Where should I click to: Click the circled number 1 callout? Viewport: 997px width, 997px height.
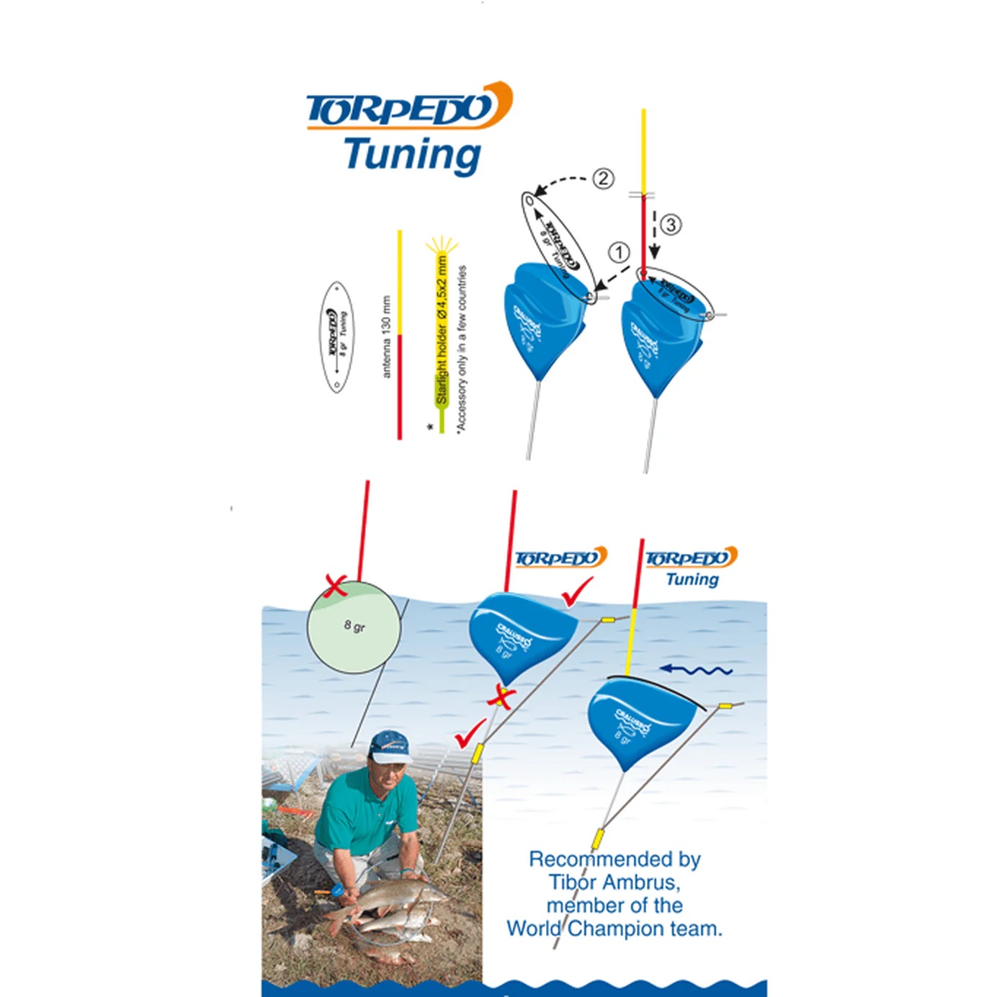[619, 253]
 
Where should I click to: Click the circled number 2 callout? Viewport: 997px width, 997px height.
[603, 178]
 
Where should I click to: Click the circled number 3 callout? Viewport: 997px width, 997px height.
[670, 225]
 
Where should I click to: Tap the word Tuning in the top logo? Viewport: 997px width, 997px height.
[412, 154]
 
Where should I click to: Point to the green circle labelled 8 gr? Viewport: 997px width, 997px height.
[354, 627]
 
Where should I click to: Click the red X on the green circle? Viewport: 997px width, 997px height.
[336, 586]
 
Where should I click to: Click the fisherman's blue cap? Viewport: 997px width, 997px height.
[390, 747]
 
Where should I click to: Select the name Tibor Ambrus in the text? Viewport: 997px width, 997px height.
[614, 882]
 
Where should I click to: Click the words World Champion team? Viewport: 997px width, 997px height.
[614, 929]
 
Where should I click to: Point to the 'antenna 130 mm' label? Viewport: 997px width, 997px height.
[386, 336]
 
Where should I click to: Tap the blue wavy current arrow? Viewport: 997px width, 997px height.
[696, 671]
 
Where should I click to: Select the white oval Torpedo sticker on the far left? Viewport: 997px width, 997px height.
[336, 336]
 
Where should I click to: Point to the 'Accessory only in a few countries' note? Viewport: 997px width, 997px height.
[462, 349]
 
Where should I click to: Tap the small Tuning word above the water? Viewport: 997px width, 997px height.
[692, 579]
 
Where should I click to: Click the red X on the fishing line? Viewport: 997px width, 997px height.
[501, 697]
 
